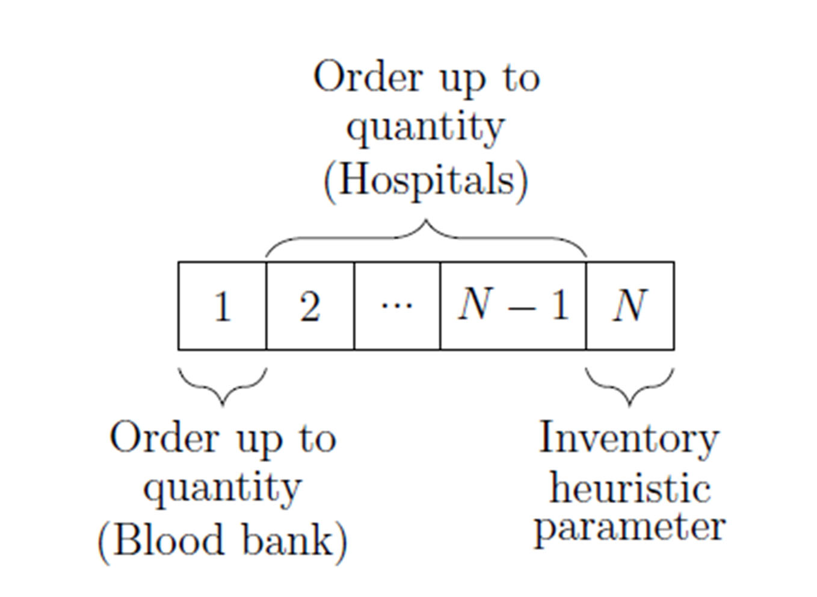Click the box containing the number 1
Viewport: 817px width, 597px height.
[222, 306]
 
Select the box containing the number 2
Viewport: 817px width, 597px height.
[310, 306]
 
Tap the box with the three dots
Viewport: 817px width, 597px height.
[397, 306]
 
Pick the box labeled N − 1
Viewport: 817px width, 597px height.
[513, 306]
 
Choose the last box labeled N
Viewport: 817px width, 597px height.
[630, 306]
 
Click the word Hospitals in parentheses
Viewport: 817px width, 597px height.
[426, 180]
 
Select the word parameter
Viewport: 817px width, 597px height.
[630, 527]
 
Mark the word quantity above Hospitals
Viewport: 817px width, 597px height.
[425, 128]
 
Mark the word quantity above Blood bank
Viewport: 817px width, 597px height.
[222, 489]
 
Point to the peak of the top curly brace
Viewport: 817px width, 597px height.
[426, 221]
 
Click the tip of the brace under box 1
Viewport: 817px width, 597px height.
[223, 404]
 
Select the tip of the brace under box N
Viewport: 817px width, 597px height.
[630, 404]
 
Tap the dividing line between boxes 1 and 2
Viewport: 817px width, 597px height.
[266, 306]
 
